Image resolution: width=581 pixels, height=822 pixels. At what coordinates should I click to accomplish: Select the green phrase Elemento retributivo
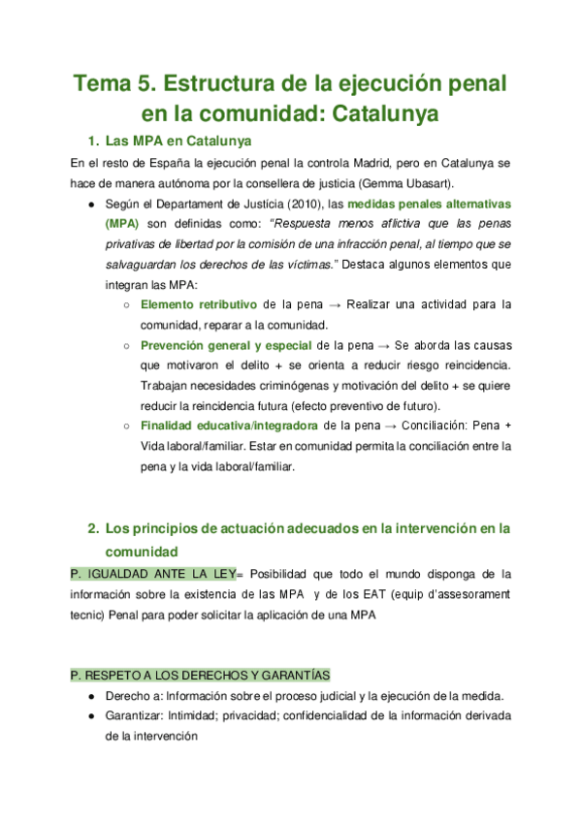(199, 303)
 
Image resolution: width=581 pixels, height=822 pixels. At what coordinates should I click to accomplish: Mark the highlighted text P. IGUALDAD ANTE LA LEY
(153, 573)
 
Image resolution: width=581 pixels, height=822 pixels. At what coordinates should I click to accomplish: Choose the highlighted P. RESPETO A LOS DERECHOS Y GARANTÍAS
(201, 675)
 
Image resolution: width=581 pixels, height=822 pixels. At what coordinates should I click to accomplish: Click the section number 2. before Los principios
(93, 528)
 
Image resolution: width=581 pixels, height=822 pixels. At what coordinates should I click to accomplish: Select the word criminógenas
(274, 385)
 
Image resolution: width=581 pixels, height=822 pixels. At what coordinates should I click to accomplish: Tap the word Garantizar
(135, 716)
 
